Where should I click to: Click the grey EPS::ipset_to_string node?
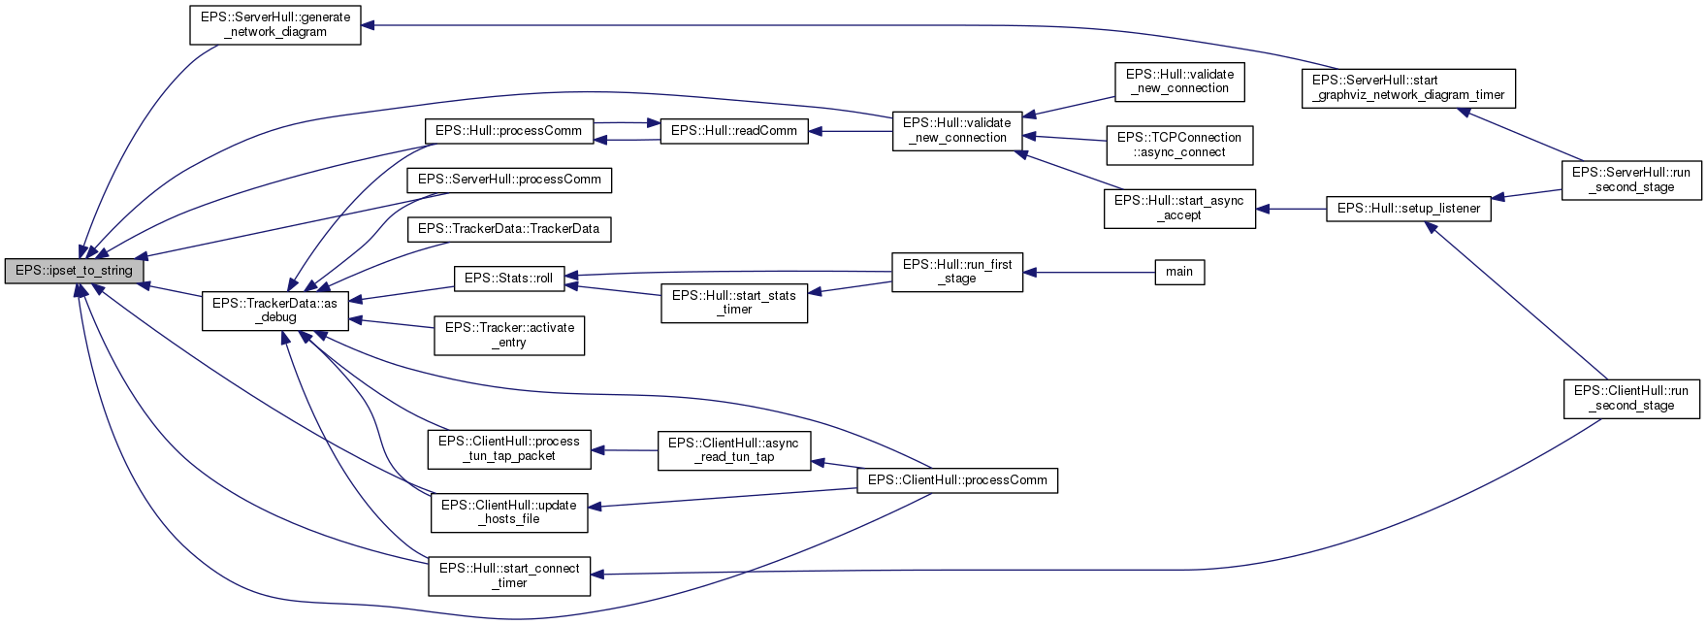(74, 271)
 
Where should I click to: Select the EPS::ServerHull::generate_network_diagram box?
(274, 24)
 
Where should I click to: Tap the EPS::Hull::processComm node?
(508, 131)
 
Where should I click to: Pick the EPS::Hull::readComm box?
(733, 131)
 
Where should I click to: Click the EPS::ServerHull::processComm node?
(509, 180)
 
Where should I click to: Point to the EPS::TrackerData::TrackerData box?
(508, 229)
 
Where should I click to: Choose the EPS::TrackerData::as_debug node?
(274, 311)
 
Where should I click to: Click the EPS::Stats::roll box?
(508, 279)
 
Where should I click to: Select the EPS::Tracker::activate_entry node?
(508, 335)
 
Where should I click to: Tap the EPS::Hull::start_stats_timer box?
(733, 303)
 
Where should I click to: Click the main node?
(1178, 272)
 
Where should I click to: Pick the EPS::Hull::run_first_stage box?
(956, 272)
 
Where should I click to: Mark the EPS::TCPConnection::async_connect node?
(1178, 145)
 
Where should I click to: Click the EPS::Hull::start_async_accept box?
(1178, 208)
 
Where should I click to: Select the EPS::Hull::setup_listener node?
(1407, 209)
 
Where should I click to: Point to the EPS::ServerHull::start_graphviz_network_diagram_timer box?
(1407, 87)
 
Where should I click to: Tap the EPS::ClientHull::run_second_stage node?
(1630, 398)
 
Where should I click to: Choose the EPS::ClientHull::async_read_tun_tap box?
(733, 450)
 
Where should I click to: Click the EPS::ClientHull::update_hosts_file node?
(508, 512)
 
